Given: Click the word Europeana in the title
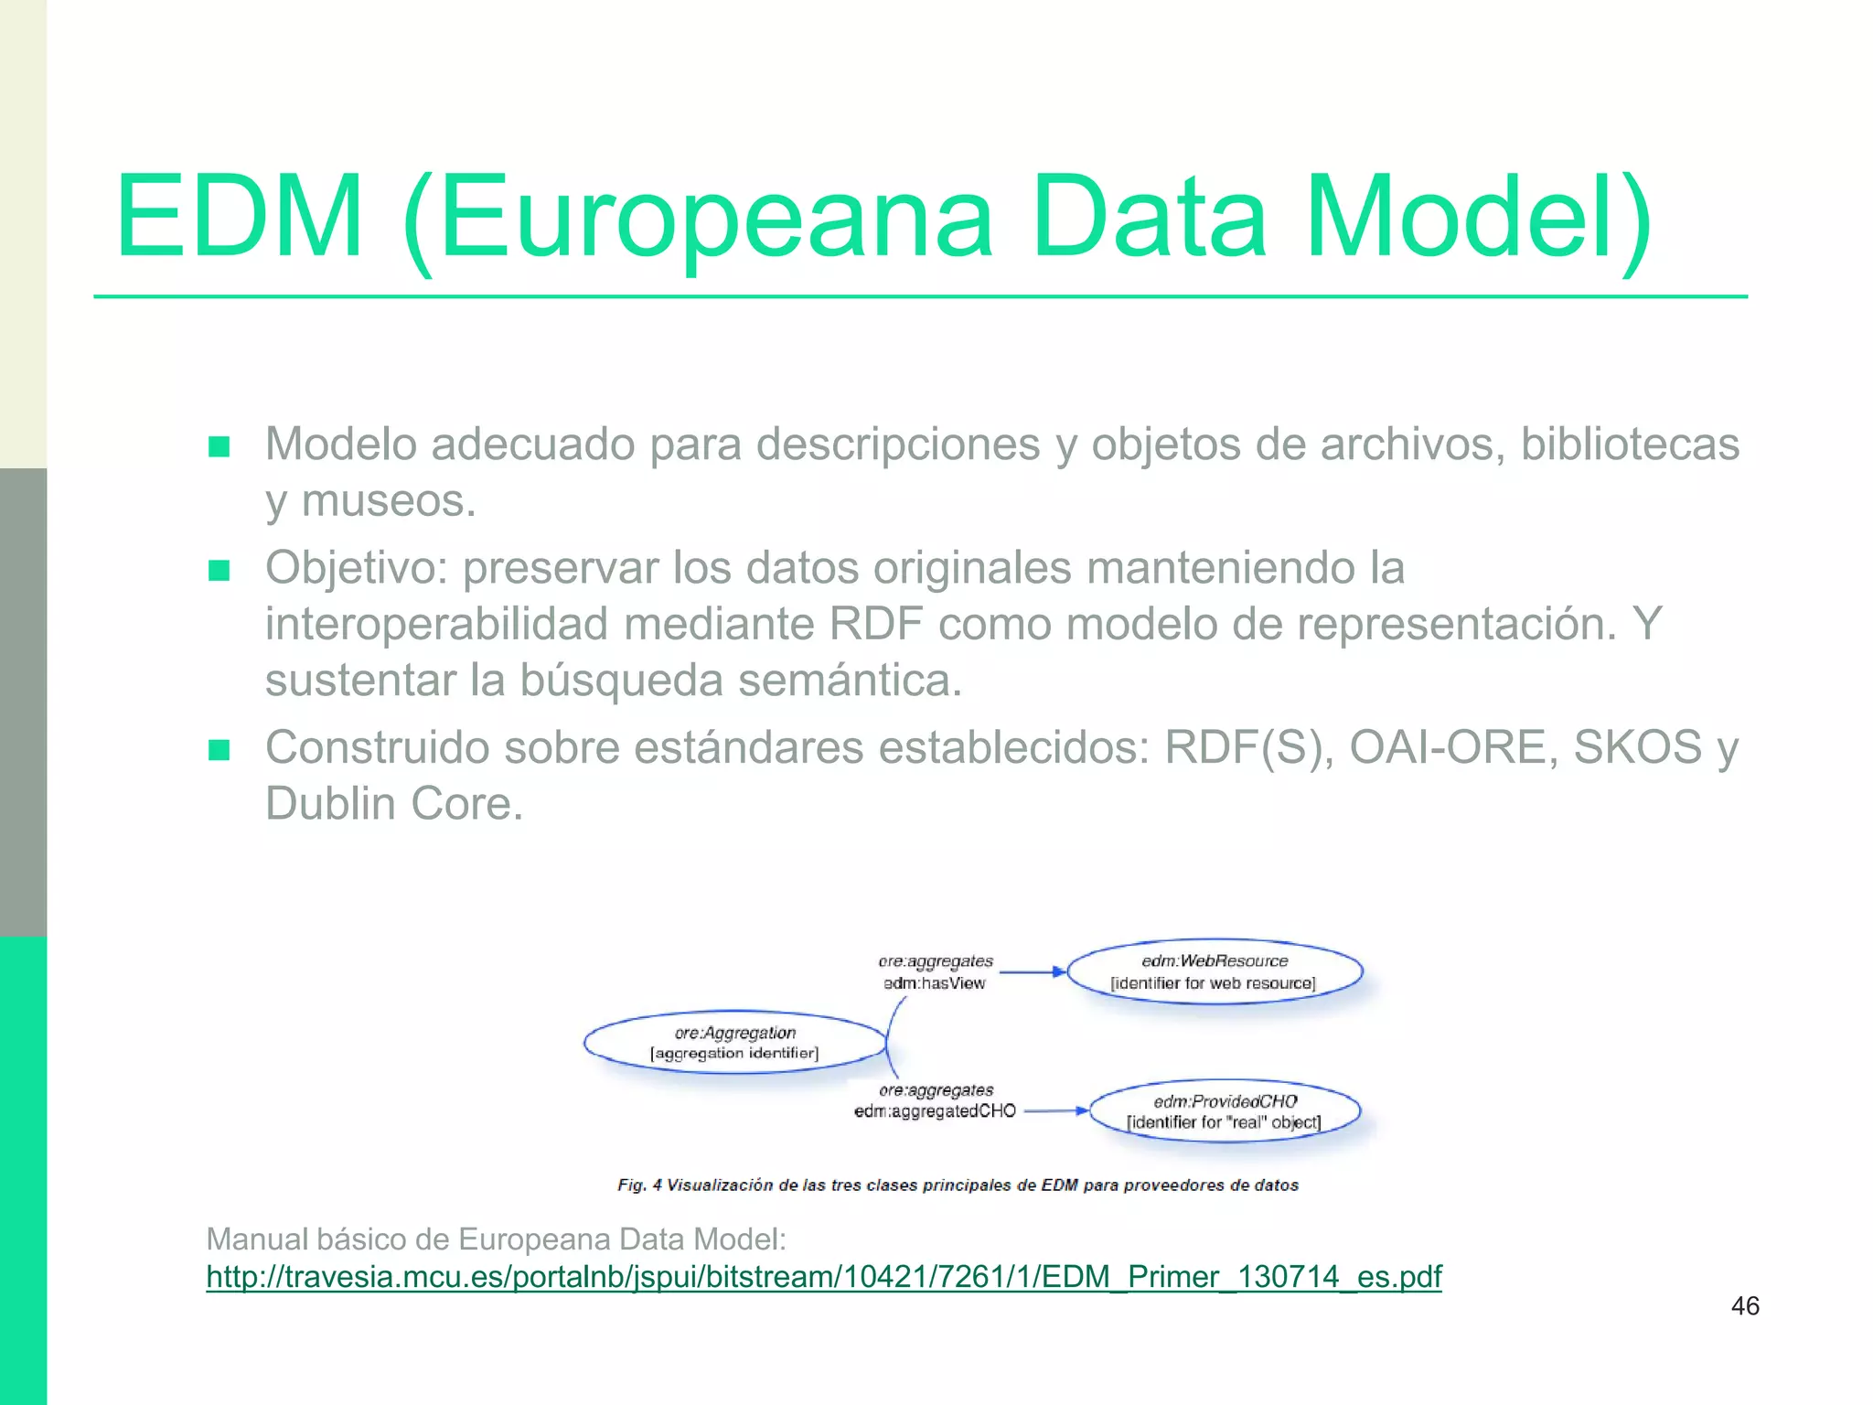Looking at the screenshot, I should (x=716, y=220).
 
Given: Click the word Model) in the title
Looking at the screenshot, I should (x=1478, y=220).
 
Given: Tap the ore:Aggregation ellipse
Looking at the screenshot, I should (x=735, y=1042).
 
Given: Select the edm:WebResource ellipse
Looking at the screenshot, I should (x=1215, y=971).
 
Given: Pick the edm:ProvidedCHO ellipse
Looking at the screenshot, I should (x=1225, y=1111).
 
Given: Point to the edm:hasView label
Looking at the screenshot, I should (x=934, y=983).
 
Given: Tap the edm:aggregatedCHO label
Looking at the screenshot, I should (x=935, y=1111).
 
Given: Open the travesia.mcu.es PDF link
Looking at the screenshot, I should (x=823, y=1276).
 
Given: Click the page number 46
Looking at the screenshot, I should (x=1745, y=1306).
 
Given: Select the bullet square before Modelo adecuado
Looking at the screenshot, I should (x=219, y=447).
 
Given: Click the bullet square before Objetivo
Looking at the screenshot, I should (x=219, y=571).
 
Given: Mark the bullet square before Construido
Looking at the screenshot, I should (x=219, y=751).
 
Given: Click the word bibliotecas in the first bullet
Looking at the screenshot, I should (x=1630, y=445).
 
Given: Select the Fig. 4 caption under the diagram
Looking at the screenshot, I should (x=958, y=1185).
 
